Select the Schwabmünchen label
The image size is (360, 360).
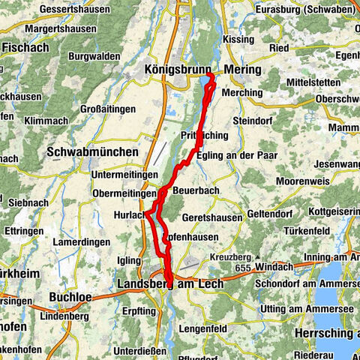coord(93,151)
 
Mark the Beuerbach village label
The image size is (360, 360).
coord(196,191)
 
